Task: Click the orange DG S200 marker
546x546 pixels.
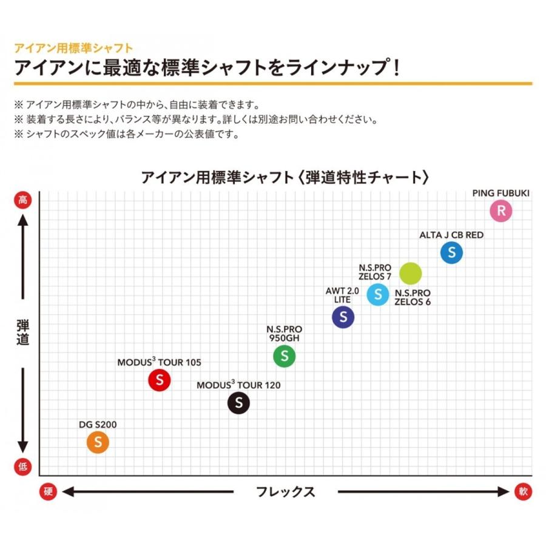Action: coord(98,443)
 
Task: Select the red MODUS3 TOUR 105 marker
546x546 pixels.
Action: coord(159,380)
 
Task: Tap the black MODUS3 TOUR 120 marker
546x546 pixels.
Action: coord(238,403)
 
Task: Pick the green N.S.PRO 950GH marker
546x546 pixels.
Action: coord(284,357)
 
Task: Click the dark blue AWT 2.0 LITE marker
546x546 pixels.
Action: coord(343,317)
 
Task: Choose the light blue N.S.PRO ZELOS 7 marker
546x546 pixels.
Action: coord(378,295)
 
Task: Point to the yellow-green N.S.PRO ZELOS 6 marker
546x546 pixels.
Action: coord(410,274)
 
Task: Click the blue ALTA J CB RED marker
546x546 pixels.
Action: coord(451,252)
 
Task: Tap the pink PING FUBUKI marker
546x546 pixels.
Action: coord(501,211)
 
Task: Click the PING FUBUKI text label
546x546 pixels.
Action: coord(501,193)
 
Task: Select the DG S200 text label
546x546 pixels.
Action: coord(98,425)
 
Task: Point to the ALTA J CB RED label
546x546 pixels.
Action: coord(451,234)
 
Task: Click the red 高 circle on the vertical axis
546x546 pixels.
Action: coord(22,200)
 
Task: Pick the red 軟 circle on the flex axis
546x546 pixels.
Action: coord(523,491)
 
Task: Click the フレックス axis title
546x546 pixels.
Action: coord(285,491)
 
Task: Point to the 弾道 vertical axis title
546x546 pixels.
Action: coord(22,332)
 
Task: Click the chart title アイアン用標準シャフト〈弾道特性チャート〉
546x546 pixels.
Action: coord(285,177)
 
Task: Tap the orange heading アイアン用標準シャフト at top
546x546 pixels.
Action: coord(73,47)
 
